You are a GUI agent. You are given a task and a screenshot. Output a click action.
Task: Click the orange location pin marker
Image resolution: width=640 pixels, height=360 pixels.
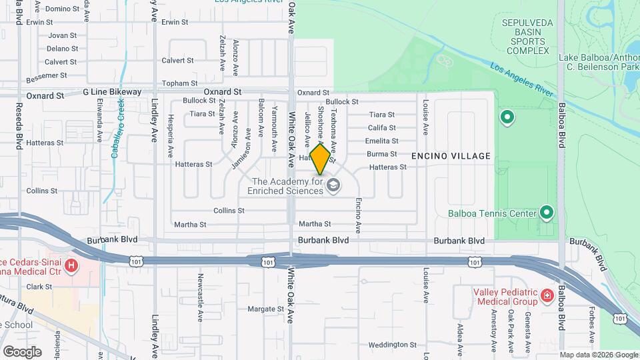click(320, 159)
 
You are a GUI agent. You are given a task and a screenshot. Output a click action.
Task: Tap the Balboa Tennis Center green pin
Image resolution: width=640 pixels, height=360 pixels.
click(547, 213)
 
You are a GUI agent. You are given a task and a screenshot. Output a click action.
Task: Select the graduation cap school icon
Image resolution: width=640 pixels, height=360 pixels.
click(333, 185)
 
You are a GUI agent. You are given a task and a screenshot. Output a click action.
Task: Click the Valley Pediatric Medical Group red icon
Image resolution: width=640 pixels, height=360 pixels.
click(547, 294)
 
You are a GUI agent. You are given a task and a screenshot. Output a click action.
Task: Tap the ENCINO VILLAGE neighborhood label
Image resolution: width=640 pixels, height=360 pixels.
click(451, 156)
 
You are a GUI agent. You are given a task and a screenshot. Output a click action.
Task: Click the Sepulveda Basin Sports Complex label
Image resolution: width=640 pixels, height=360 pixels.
click(525, 36)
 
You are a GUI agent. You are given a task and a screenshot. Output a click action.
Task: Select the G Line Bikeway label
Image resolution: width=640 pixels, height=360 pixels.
click(112, 92)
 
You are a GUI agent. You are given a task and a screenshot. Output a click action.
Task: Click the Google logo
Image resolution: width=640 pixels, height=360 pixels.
click(21, 351)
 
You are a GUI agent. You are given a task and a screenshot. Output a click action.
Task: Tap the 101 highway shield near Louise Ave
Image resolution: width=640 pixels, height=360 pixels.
click(474, 263)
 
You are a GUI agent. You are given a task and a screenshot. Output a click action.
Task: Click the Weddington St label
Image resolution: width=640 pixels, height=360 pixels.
click(393, 345)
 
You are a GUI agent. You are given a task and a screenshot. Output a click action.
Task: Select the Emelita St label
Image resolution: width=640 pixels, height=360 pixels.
click(382, 141)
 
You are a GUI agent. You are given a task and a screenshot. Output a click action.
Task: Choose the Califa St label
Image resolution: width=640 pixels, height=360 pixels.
click(382, 127)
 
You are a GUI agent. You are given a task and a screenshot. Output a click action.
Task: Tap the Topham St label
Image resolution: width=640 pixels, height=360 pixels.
click(176, 83)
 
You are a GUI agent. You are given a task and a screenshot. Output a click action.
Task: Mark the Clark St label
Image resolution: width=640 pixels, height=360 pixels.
click(39, 287)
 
